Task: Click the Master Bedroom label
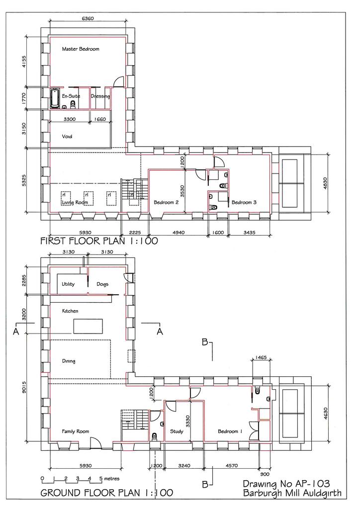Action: pos(81,49)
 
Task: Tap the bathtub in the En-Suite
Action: pos(55,98)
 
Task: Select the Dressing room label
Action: pos(100,96)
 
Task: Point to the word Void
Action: pos(67,136)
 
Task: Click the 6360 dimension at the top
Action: pos(88,18)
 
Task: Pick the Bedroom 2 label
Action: pos(166,202)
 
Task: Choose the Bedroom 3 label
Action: pos(244,202)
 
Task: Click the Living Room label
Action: pos(75,202)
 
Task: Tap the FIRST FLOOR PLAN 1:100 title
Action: pos(99,241)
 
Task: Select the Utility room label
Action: pos(68,284)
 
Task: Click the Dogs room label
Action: pos(102,284)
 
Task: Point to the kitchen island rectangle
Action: pos(88,326)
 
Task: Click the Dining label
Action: pos(69,361)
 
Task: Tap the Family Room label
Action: pos(75,431)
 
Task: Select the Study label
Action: pos(177,431)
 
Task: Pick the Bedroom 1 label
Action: pos(230,431)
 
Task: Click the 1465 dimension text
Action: pos(261,357)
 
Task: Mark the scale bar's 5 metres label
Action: pos(109,479)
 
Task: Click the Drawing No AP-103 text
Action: pos(286,484)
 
